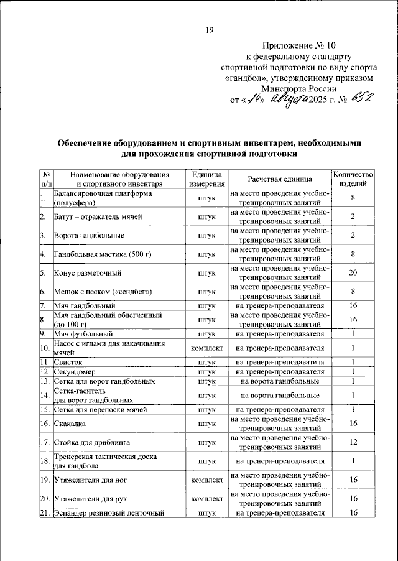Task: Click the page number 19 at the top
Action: (210, 30)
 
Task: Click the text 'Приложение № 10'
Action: (300, 46)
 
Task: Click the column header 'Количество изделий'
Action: (353, 178)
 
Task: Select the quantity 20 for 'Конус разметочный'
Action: (352, 272)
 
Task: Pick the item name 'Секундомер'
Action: (76, 371)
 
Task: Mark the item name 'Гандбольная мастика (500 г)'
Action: (103, 254)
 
